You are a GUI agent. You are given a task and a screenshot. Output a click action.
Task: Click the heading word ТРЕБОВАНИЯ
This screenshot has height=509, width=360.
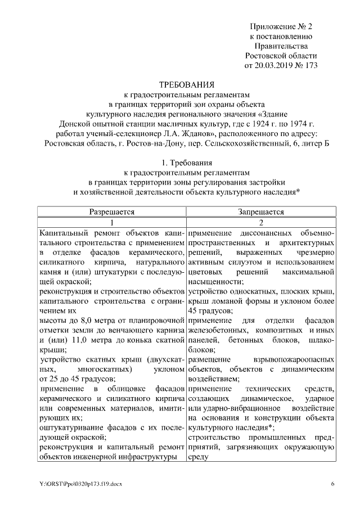click(179, 84)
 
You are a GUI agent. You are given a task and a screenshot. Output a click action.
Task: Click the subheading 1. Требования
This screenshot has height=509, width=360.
click(179, 163)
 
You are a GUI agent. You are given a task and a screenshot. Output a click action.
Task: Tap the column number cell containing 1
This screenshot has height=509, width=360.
click(112, 222)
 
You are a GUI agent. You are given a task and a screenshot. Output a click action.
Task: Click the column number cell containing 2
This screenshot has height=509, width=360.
click(260, 222)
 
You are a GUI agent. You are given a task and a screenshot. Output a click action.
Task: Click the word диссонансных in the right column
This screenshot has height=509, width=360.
click(260, 232)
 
